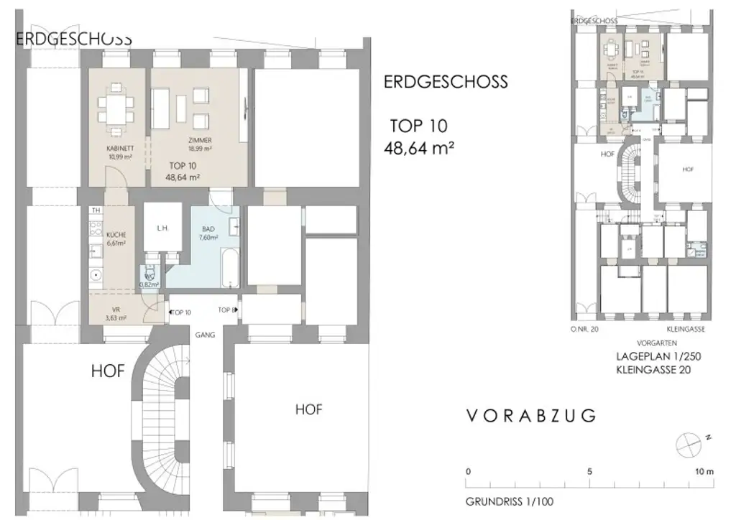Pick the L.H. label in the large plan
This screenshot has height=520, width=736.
coord(162,228)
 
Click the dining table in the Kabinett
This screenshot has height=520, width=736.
coord(115,106)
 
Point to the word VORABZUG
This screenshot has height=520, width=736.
coord(531,415)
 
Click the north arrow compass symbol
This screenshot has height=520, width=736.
coord(686,442)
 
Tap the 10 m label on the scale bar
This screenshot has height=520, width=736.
coord(704,472)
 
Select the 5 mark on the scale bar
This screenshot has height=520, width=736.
coord(590,472)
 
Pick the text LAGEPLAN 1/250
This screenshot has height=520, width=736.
coord(657,356)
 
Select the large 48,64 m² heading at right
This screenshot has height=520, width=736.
coord(420,149)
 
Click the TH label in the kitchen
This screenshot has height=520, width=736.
coord(94,210)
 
